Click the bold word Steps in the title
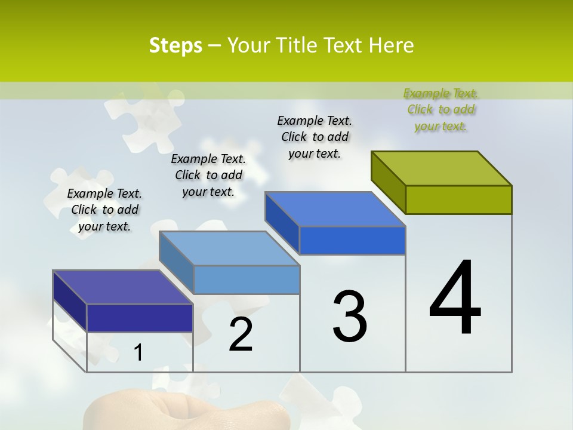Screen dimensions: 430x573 coord(175,45)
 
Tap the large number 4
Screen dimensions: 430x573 coord(455,298)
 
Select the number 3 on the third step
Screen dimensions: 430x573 coord(349,317)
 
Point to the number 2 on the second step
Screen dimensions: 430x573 coord(241,334)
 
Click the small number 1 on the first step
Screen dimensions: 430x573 coord(138,353)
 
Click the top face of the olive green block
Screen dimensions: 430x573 coord(442,168)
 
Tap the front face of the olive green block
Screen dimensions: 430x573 coord(458,199)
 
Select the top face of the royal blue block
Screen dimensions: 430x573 coord(335,209)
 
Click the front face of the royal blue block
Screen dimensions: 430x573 coord(352,240)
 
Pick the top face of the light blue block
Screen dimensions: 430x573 coord(230,248)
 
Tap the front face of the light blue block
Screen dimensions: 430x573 coord(247,279)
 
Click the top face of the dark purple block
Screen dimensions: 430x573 coord(123,287)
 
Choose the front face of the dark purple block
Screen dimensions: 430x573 coord(140,318)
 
